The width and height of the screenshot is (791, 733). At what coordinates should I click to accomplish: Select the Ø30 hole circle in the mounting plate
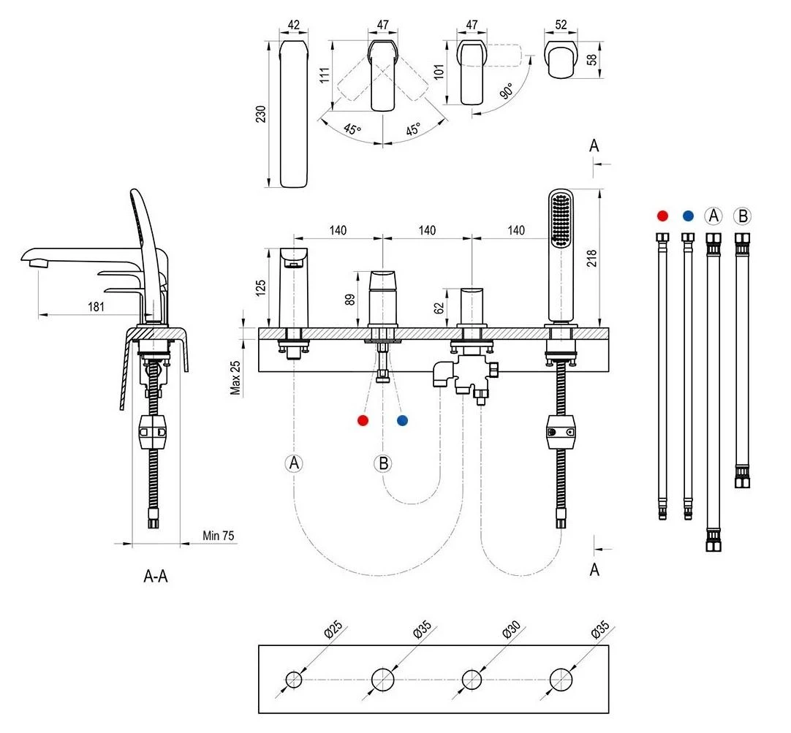(x=472, y=680)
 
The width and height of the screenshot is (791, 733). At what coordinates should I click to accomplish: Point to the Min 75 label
(x=218, y=536)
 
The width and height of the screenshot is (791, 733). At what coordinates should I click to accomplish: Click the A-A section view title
(x=155, y=576)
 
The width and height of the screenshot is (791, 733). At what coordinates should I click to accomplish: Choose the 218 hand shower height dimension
(x=591, y=257)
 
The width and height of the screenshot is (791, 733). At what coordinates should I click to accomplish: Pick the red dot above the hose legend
(x=662, y=216)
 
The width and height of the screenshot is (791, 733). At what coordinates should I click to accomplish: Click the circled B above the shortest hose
(x=743, y=216)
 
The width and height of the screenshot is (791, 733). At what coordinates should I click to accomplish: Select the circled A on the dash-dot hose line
(x=294, y=463)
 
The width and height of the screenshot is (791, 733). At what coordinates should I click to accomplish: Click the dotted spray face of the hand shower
(x=562, y=219)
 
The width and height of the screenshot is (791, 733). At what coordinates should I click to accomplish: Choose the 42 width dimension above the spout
(x=294, y=25)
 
